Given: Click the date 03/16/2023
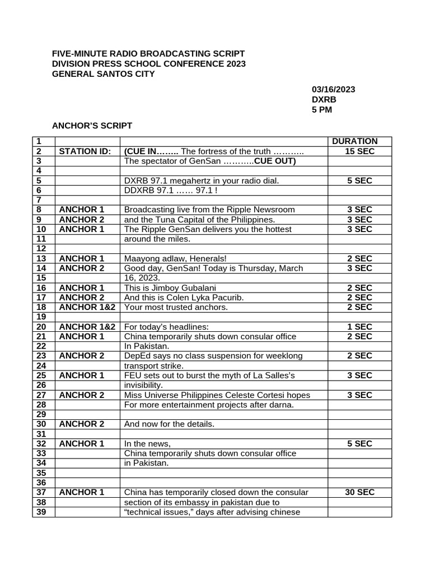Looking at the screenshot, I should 333,89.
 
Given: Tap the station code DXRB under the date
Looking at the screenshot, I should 324,99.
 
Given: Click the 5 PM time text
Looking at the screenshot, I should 322,109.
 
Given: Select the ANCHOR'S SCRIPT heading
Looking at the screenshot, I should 92,126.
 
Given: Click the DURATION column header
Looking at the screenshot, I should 354,141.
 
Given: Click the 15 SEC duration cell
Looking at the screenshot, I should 359,151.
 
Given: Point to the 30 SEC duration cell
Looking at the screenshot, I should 359,492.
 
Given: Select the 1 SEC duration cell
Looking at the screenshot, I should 359,327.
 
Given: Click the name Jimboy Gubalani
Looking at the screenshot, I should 183,288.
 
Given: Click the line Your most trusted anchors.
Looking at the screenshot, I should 175,307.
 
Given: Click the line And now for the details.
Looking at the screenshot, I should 169,424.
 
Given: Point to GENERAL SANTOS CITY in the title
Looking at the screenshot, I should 104,74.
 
